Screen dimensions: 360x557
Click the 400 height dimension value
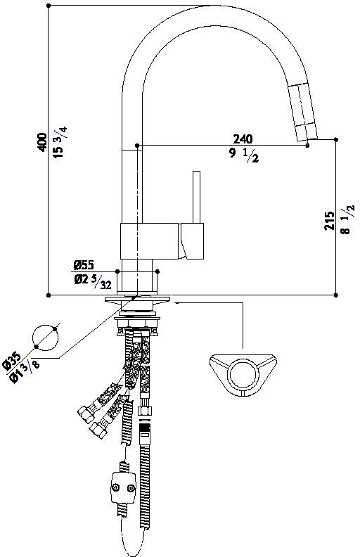[42, 143]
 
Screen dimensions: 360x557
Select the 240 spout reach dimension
[243, 139]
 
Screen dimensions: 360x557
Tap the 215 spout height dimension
[330, 221]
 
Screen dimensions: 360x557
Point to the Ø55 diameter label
[84, 264]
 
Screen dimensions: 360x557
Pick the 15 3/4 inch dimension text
[60, 142]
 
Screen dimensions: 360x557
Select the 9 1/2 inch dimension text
[244, 155]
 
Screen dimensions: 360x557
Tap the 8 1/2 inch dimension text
[347, 220]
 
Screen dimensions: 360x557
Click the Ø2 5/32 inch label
[93, 281]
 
